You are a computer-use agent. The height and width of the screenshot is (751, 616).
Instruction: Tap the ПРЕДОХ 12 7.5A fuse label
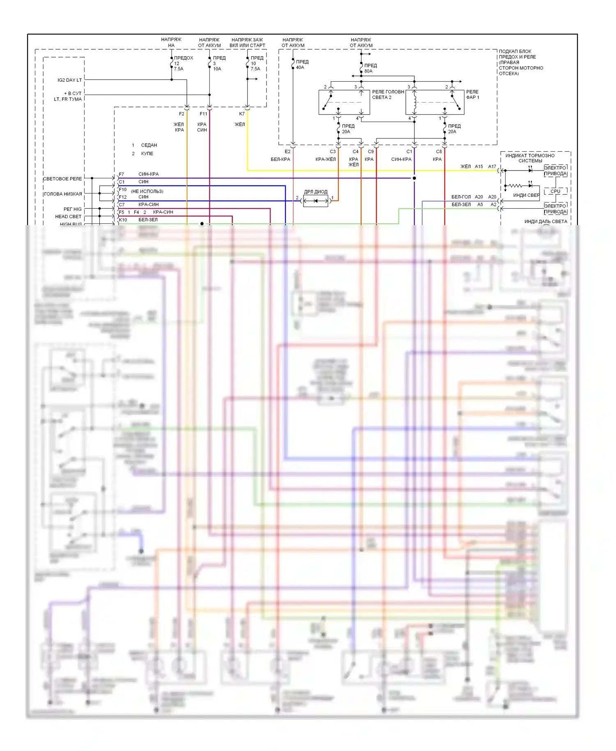(183, 63)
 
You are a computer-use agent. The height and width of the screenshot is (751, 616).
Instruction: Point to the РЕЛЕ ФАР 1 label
(472, 94)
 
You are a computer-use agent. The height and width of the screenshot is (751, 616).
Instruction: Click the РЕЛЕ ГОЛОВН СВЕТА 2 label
(388, 94)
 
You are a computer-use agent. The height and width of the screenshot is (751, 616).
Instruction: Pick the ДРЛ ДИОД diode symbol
(316, 201)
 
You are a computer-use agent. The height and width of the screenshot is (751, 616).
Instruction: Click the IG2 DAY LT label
(69, 80)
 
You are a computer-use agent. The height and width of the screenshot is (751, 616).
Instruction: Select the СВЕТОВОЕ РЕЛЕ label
(62, 179)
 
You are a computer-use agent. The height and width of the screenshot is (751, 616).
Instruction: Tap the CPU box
(555, 191)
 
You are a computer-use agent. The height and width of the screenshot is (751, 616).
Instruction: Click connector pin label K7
(242, 114)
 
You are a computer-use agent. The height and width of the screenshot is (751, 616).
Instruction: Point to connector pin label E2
(287, 152)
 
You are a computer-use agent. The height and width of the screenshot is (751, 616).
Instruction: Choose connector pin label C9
(371, 152)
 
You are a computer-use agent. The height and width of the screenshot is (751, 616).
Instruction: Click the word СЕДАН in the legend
(149, 145)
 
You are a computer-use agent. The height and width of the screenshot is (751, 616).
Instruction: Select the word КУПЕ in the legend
(147, 154)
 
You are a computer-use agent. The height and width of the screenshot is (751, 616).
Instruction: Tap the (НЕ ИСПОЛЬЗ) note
(147, 191)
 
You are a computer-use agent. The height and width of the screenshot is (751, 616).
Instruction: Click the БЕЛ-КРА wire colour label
(280, 159)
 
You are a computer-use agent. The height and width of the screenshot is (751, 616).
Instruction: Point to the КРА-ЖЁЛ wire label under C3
(325, 159)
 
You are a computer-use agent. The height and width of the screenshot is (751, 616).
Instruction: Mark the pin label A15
(479, 166)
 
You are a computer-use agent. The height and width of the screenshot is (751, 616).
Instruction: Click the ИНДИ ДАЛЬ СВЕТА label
(545, 221)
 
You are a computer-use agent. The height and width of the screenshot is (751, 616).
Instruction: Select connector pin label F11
(203, 114)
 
